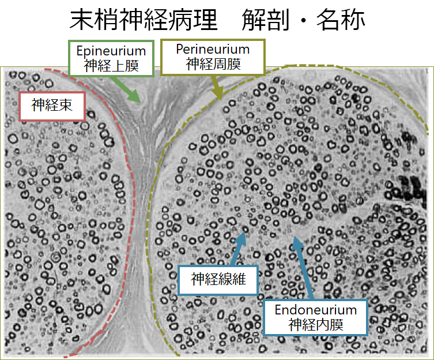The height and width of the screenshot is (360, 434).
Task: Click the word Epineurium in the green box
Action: point(111,51)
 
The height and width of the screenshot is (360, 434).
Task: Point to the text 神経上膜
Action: point(111,66)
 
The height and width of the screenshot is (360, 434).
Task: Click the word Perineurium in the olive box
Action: point(213,50)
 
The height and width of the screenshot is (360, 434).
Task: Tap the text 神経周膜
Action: point(213,64)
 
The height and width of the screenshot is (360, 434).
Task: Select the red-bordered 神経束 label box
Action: point(52,105)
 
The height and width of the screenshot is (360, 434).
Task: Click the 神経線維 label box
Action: point(219,280)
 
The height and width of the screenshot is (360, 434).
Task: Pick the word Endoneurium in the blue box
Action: point(315,310)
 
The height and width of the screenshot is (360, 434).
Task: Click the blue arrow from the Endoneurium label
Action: point(303,267)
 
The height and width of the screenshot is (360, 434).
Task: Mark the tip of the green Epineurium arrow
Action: point(140,102)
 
